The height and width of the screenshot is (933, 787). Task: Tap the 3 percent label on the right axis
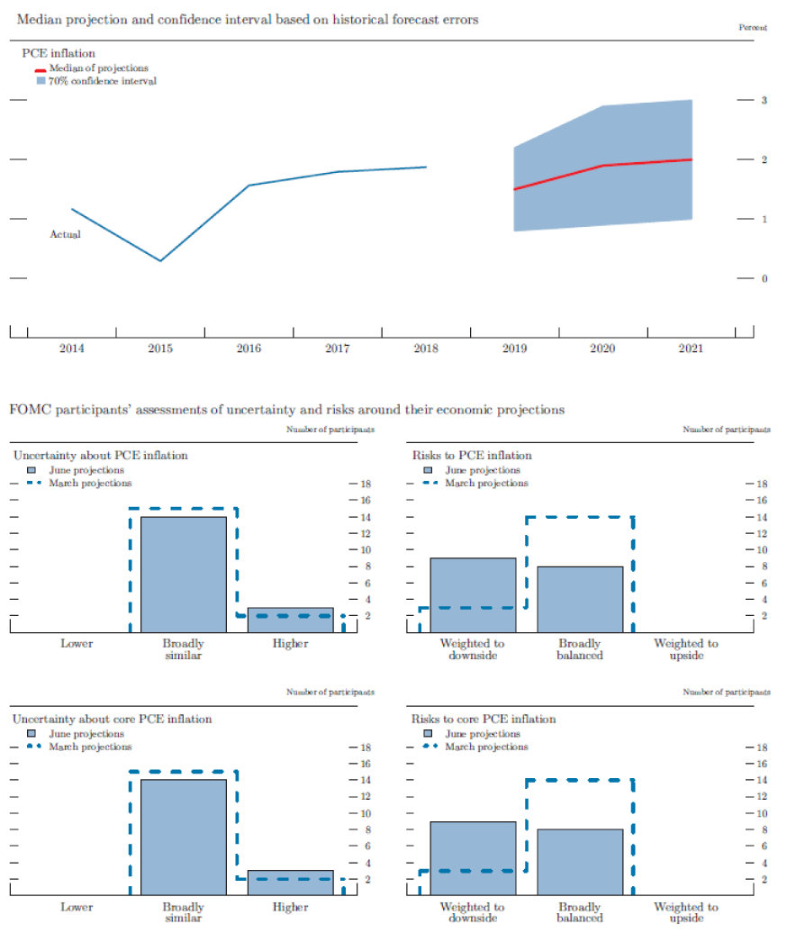click(x=763, y=100)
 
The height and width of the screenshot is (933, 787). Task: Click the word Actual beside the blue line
click(x=65, y=235)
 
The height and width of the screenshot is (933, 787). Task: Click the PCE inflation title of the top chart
click(x=59, y=54)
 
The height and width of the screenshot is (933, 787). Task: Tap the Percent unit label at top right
click(x=753, y=28)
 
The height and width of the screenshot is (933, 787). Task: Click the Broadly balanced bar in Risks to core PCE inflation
click(x=579, y=861)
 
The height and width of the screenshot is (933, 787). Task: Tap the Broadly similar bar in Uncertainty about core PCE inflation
click(x=184, y=837)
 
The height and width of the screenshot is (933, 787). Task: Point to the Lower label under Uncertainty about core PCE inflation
click(x=77, y=907)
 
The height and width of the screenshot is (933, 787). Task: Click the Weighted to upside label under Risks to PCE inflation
click(x=686, y=649)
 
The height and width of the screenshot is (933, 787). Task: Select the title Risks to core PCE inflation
click(x=484, y=719)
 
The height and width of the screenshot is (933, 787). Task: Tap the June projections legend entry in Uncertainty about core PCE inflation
click(x=86, y=734)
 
